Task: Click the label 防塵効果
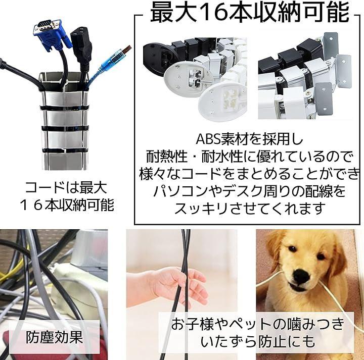[x=54, y=337]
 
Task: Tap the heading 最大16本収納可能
[x=249, y=12]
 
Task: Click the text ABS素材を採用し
[x=249, y=139]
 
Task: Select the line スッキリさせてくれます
[x=248, y=208]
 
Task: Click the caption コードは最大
[x=66, y=187]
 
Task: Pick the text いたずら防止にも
[x=258, y=341]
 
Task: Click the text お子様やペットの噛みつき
[x=258, y=324]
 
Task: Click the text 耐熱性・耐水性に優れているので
[x=249, y=157]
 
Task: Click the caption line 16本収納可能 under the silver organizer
[x=67, y=205]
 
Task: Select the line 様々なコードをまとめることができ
[x=249, y=174]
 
